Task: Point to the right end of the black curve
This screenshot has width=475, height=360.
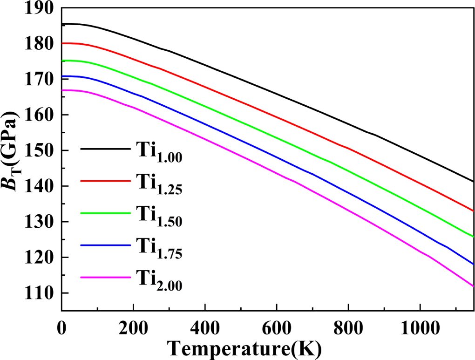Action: tap(473, 181)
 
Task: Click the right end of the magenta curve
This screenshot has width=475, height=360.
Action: tap(473, 286)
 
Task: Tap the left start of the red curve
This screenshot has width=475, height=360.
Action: tap(62, 43)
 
